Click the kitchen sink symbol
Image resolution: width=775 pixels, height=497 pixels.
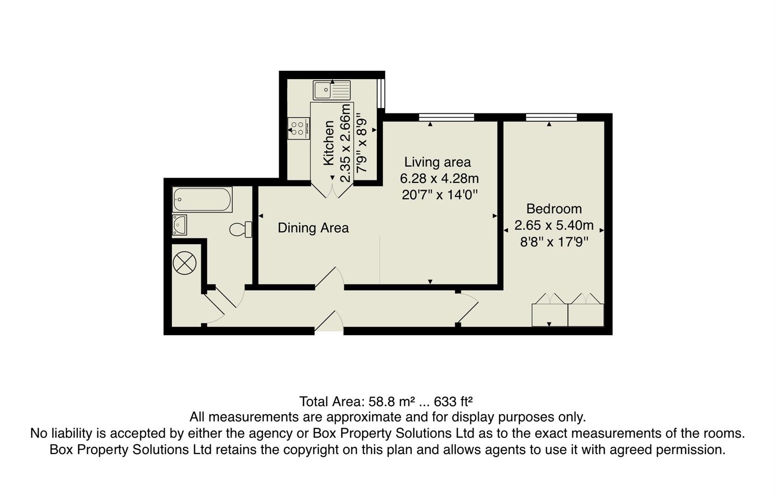pyautogui.click(x=331, y=90)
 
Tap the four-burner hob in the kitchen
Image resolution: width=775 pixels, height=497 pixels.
pyautogui.click(x=298, y=128)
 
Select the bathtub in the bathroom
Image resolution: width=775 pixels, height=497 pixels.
pyautogui.click(x=202, y=199)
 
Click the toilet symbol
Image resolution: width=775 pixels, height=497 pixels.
pyautogui.click(x=241, y=229)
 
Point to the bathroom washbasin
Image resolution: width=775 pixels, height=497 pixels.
pyautogui.click(x=179, y=225)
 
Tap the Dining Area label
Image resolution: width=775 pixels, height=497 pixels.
pyautogui.click(x=313, y=228)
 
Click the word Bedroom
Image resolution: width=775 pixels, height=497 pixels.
pyautogui.click(x=554, y=209)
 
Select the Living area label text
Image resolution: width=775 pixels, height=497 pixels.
pyautogui.click(x=437, y=162)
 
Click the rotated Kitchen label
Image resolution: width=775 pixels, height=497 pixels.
pyautogui.click(x=329, y=143)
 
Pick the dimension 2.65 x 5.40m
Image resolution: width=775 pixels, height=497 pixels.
pyautogui.click(x=554, y=225)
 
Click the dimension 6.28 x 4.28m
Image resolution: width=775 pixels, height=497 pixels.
pyautogui.click(x=439, y=178)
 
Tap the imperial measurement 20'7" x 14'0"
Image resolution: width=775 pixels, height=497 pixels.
pyautogui.click(x=440, y=195)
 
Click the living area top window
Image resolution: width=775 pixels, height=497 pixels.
pyautogui.click(x=446, y=117)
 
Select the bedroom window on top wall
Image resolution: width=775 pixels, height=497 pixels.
pyautogui.click(x=551, y=117)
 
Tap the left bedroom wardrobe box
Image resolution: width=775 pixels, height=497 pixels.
pyautogui.click(x=549, y=315)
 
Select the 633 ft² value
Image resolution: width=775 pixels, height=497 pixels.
pyautogui.click(x=453, y=402)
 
